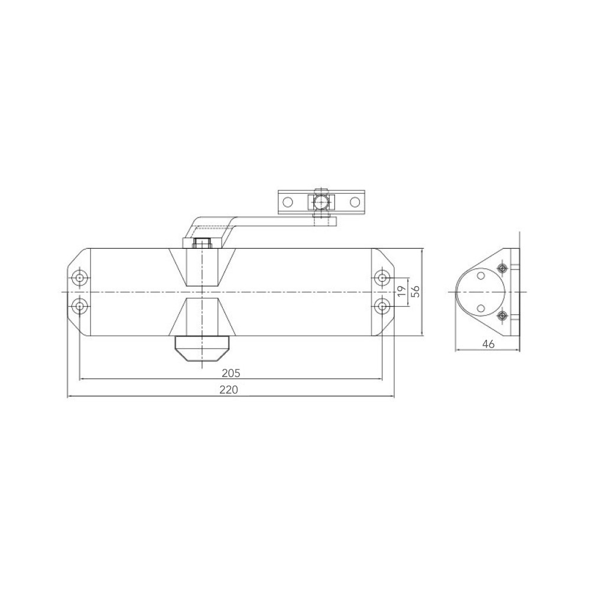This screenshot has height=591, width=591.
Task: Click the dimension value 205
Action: [230, 373]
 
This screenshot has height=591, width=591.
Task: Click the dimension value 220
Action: [230, 390]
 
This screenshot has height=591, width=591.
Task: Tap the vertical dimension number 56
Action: [415, 291]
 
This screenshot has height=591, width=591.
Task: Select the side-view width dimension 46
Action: [488, 344]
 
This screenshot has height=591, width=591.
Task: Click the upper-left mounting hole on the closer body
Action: [79, 278]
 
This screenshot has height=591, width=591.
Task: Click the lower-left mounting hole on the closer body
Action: [79, 306]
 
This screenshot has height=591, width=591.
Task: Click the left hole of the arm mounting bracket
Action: [288, 202]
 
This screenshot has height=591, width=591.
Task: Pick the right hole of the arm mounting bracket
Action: [355, 202]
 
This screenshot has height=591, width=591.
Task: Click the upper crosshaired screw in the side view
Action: [502, 269]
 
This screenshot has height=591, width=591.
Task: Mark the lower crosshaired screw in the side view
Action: [502, 315]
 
